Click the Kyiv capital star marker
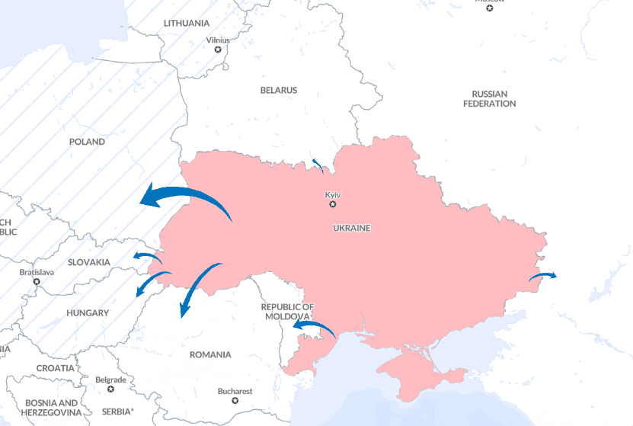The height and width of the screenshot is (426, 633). tap(332, 204)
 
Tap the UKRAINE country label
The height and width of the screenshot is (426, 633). tap(351, 228)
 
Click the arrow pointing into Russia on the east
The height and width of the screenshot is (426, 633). tap(543, 277)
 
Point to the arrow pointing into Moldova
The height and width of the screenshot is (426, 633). tap(314, 328)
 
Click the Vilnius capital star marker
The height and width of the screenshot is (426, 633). tap(218, 50)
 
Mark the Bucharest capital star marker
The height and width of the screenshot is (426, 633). tap(235, 400)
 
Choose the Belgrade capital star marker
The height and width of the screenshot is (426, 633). tap(110, 389)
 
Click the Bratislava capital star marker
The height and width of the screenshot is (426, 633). tap(37, 281)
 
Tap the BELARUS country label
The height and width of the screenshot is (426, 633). tap(279, 90)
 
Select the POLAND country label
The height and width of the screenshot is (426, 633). tap(87, 142)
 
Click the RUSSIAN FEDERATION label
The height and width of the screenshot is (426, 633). tap(489, 98)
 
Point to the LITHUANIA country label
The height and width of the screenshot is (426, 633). tap(186, 23)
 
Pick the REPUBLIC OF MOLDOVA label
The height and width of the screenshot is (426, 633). tap(286, 311)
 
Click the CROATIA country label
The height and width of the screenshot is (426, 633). tap(55, 368)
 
